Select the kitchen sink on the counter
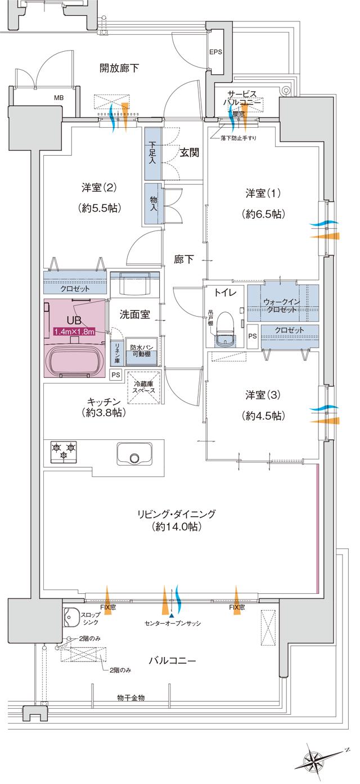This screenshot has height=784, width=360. tap(134, 454)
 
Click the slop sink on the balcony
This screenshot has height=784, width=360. tap(70, 618)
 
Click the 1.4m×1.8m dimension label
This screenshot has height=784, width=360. tap(74, 331)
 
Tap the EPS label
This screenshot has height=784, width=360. tap(216, 52)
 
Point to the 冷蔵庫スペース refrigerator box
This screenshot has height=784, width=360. tap(145, 388)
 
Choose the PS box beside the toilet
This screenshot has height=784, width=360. tap(253, 336)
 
